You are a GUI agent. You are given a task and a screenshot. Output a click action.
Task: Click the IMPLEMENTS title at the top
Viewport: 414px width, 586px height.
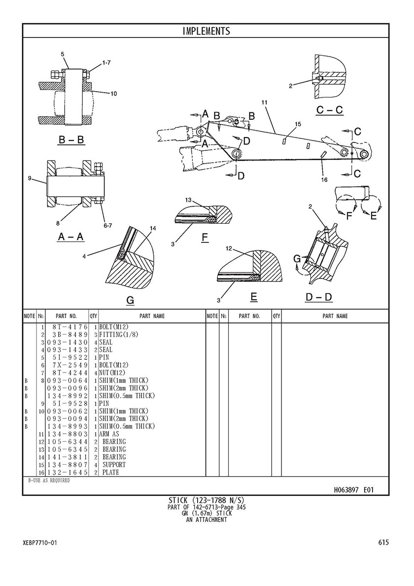point(206,31)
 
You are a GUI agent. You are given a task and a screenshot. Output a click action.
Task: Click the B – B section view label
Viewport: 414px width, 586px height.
point(71,140)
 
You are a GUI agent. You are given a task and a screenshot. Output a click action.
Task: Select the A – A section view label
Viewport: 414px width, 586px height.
point(71,237)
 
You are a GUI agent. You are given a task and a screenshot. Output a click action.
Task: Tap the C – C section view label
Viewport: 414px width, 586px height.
point(330,110)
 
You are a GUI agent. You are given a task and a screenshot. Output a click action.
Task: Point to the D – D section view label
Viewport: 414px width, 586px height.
point(319,297)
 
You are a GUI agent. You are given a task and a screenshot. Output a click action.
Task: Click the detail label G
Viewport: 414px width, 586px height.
point(130,301)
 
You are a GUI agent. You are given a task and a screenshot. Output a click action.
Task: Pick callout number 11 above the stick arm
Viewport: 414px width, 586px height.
point(265,102)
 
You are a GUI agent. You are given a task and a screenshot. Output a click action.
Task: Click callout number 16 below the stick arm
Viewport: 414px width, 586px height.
point(324,180)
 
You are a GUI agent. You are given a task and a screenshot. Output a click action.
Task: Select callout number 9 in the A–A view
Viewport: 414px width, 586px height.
point(30,178)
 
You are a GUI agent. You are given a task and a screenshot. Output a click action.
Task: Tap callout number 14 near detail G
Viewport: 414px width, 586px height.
point(153,228)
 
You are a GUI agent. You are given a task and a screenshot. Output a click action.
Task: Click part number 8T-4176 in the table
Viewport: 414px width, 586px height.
point(70,327)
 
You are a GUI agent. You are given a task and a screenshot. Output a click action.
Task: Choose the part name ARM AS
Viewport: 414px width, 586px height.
point(109,434)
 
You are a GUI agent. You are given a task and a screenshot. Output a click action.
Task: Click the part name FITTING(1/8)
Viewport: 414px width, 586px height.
point(119,335)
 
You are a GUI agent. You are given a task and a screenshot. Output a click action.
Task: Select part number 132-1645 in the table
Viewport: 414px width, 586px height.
point(68,472)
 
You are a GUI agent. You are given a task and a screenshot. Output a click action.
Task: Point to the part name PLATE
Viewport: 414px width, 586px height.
point(111,472)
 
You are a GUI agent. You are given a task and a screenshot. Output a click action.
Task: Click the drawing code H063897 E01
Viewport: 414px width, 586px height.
point(353,489)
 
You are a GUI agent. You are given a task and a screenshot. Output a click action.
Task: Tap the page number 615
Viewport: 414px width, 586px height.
point(383,542)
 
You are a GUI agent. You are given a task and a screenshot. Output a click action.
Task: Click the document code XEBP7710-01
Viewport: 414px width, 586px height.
point(40,542)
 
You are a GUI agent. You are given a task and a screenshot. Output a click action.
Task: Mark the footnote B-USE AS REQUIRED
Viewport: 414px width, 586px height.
point(49,481)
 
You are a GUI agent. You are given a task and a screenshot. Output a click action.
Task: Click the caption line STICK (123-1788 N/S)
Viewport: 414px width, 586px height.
point(207,500)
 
